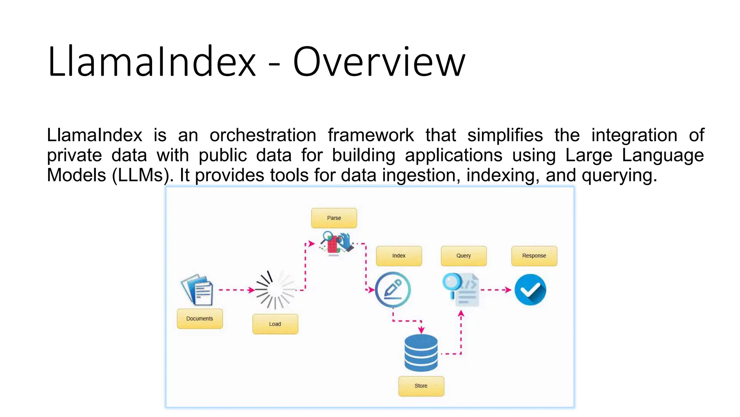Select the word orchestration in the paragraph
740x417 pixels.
[263, 135]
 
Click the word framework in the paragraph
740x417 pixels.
[370, 135]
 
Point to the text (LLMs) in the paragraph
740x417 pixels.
[141, 176]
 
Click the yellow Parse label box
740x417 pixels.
[334, 218]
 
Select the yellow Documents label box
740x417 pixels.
[199, 319]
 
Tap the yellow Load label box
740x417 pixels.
[275, 324]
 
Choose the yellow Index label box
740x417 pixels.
[399, 256]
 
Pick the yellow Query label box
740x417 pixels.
[464, 256]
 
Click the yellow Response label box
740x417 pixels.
[534, 256]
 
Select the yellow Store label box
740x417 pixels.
[421, 386]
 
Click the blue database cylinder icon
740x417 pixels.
[421, 353]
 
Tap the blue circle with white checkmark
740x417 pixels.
[530, 290]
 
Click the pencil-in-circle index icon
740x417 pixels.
[393, 290]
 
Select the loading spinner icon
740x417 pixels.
[275, 290]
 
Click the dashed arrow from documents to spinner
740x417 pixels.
[236, 290]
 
